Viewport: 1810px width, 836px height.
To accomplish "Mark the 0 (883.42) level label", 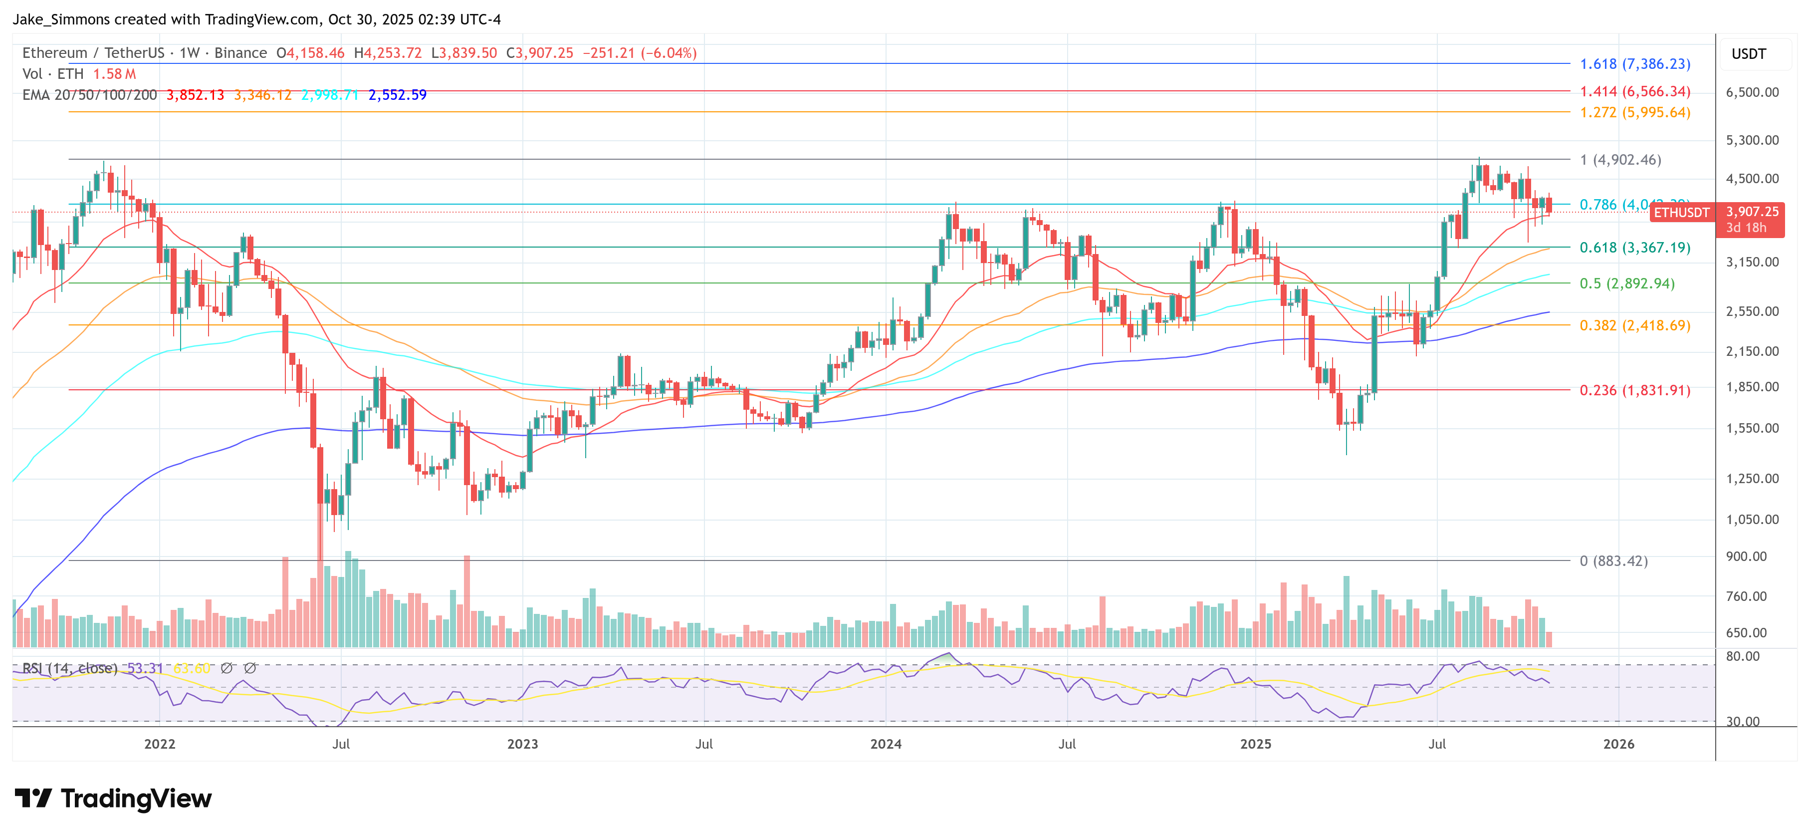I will [1613, 561].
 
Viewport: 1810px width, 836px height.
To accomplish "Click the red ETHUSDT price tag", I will [1681, 212].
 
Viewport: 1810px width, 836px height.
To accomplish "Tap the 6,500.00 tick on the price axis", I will [1753, 92].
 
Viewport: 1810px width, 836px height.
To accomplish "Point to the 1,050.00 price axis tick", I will [1753, 520].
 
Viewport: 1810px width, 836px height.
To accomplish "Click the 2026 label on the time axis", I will [1618, 744].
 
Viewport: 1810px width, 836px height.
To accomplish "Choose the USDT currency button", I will [1748, 54].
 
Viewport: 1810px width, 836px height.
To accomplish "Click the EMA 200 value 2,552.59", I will [397, 95].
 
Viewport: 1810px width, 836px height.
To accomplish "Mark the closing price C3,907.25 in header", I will [540, 53].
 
